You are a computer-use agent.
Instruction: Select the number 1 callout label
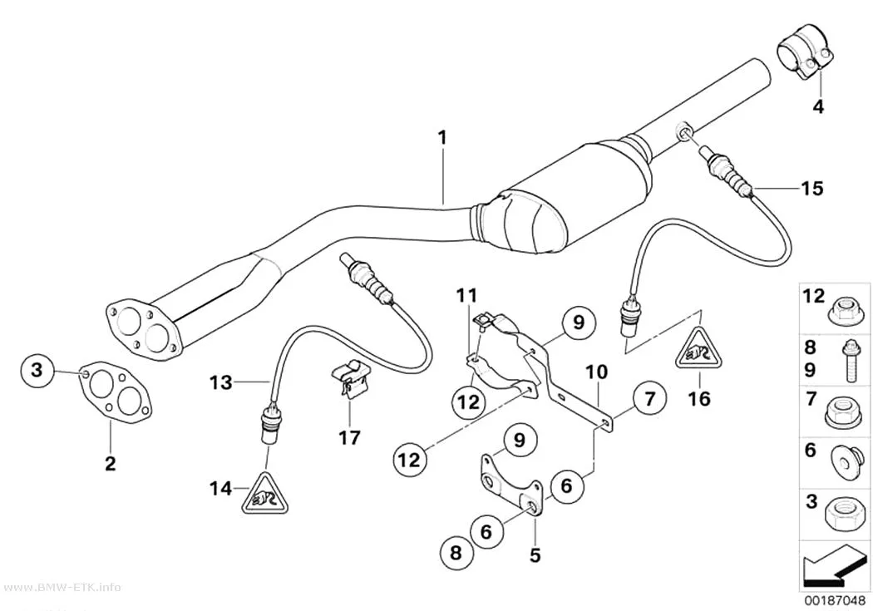(442, 137)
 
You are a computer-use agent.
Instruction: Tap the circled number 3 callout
(37, 369)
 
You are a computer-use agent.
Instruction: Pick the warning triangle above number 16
(699, 349)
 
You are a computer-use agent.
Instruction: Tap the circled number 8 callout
(456, 553)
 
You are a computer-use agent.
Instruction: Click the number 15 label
(811, 188)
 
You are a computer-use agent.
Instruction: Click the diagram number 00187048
(834, 602)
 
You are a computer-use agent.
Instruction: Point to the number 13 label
(221, 382)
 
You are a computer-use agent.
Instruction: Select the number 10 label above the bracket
(596, 372)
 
